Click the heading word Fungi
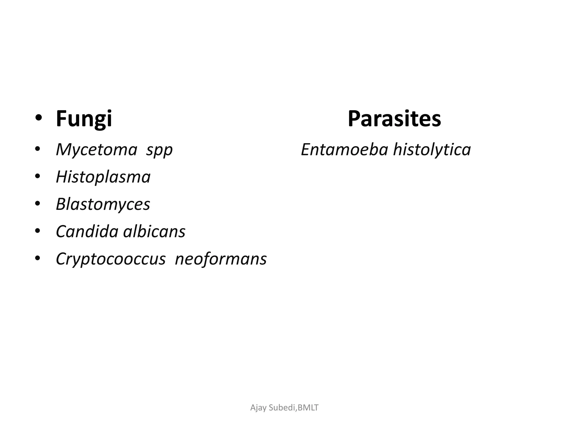tap(84, 119)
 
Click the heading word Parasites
tap(394, 119)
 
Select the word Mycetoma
tap(96, 150)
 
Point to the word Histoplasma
tap(103, 177)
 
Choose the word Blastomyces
tap(103, 204)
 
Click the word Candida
tap(87, 231)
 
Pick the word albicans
tap(154, 231)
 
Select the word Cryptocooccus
tap(111, 259)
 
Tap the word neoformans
tap(221, 259)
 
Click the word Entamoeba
tap(345, 150)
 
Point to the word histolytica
tap(432, 150)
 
